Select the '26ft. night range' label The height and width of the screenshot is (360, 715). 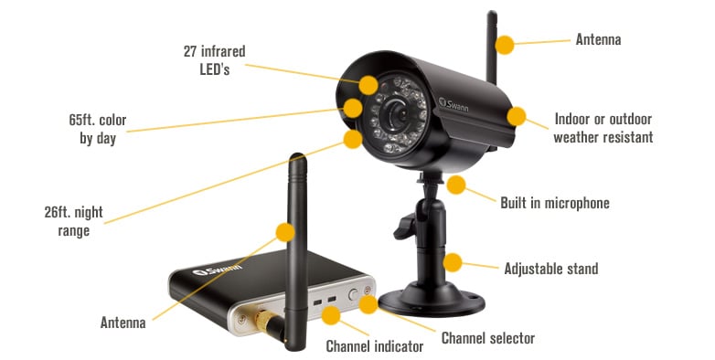(x=80, y=221)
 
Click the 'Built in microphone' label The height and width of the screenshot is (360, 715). (x=554, y=203)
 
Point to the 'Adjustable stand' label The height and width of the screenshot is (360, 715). (x=550, y=269)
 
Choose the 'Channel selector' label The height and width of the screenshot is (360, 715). (x=487, y=338)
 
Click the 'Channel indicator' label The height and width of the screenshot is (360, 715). (x=374, y=346)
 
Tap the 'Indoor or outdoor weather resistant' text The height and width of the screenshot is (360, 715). (x=603, y=128)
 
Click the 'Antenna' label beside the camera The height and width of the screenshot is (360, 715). (x=598, y=40)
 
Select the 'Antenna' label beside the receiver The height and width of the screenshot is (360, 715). (x=123, y=322)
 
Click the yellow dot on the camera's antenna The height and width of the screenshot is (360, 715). (x=504, y=43)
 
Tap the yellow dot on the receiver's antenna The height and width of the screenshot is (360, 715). (x=285, y=232)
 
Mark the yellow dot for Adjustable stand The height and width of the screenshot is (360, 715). (x=453, y=263)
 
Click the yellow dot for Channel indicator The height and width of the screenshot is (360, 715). (x=331, y=316)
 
